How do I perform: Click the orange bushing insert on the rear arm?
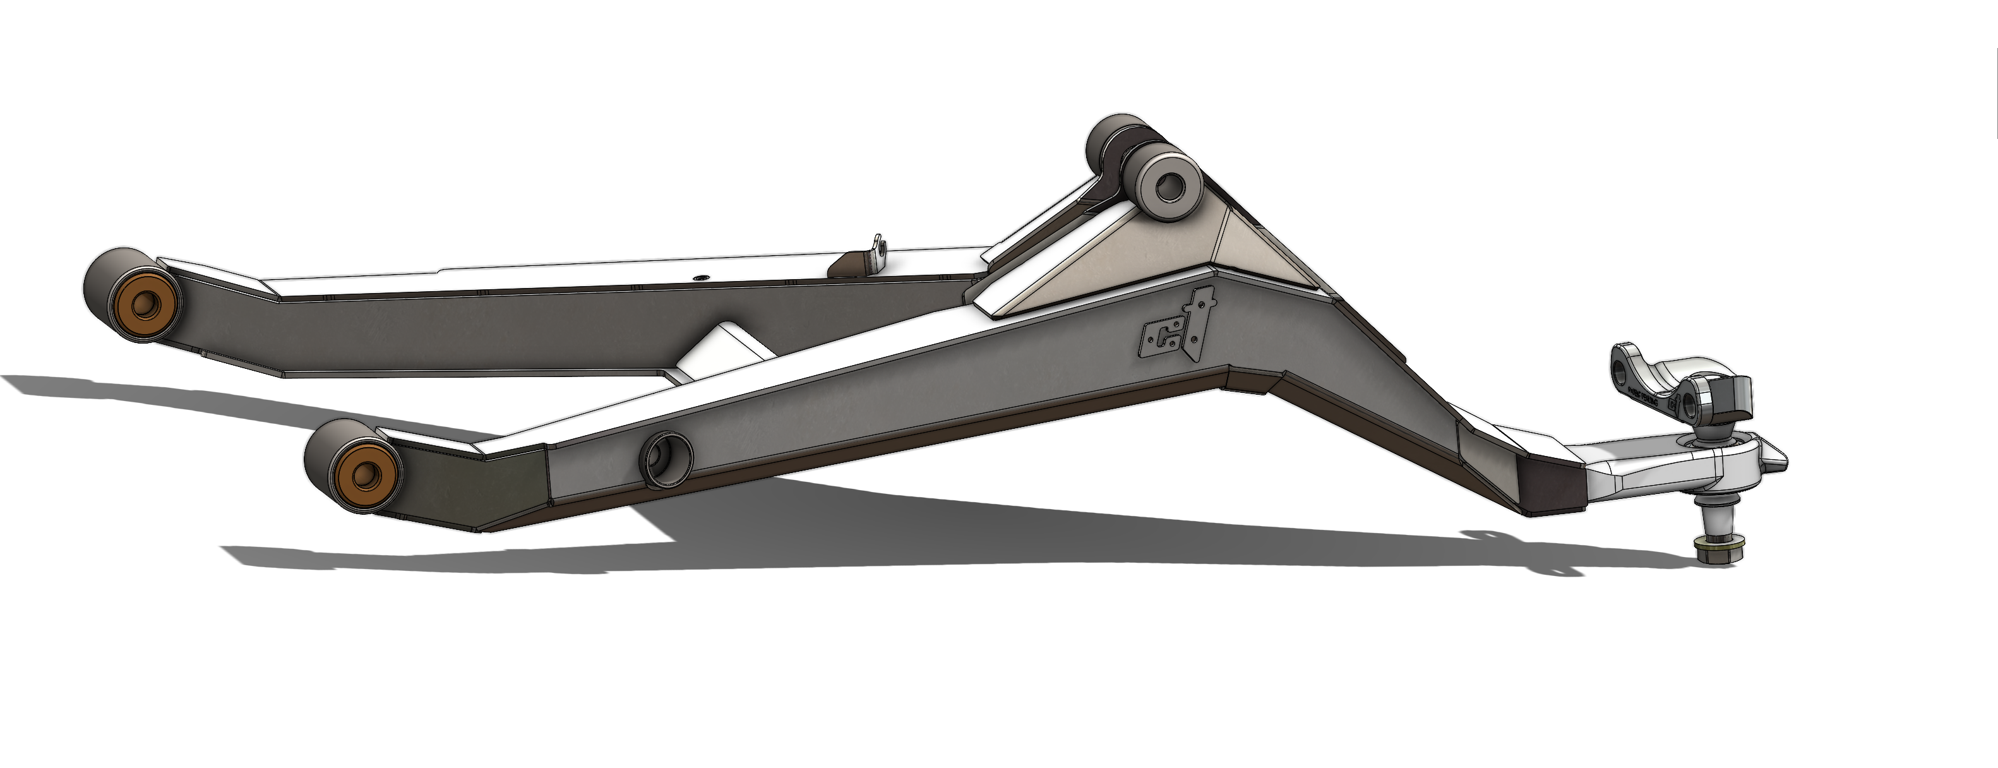coord(142,304)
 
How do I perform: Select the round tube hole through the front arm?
coord(665,459)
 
